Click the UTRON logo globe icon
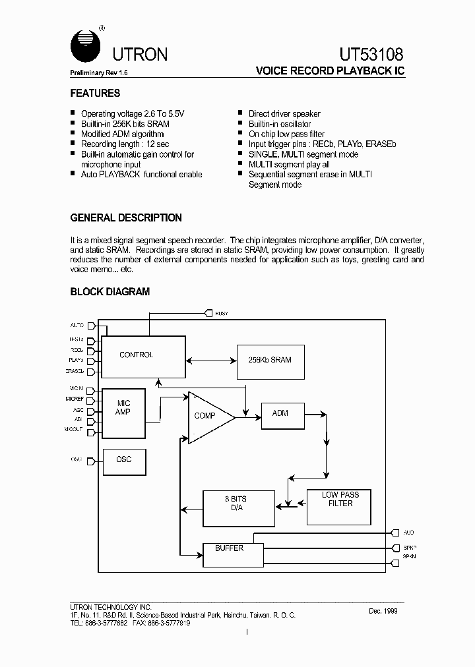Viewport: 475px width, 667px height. pyautogui.click(x=84, y=46)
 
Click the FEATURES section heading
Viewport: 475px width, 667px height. pyautogui.click(x=95, y=94)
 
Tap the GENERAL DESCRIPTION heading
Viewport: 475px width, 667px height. pyautogui.click(x=126, y=218)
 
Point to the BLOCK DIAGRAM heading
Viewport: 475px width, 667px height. pyautogui.click(x=110, y=291)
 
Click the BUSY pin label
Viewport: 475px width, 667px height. pyautogui.click(x=221, y=314)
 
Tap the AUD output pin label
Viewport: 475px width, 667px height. pyautogui.click(x=408, y=533)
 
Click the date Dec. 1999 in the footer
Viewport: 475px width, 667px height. pyautogui.click(x=383, y=611)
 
